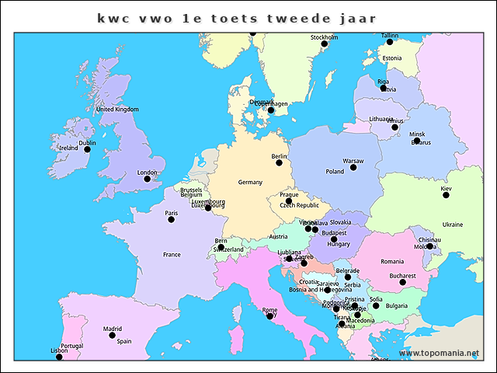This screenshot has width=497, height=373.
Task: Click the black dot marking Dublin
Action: pos(87,149)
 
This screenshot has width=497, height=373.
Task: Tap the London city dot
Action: pos(147,179)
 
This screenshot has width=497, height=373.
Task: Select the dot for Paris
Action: pos(171,219)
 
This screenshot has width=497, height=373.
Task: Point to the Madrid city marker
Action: pos(112,335)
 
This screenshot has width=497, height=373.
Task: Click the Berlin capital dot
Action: pos(280,162)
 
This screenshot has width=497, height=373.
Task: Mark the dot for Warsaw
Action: pos(353,167)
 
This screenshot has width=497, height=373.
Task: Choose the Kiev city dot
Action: pos(446,194)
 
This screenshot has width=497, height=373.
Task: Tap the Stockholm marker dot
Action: pos(325,44)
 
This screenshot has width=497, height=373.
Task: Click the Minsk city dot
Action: pos(417,141)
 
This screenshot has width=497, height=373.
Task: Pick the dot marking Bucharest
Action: pos(402,281)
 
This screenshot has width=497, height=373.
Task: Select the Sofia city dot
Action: pos(376,305)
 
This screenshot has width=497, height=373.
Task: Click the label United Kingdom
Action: pos(116,110)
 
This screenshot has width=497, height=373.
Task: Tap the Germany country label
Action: pos(250,182)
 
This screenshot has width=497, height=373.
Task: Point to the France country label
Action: pos(172,254)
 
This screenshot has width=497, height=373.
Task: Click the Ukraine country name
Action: pos(453,225)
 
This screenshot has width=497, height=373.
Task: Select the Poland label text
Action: pos(335,172)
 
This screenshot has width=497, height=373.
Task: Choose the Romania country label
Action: pos(392,261)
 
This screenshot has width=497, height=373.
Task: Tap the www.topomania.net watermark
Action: pos(440,354)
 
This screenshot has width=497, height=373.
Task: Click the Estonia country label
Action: pos(392,58)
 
